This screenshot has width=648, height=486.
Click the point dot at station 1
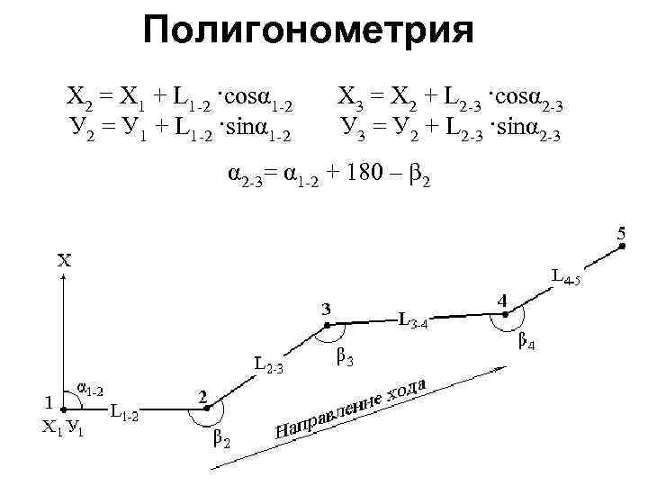click(x=63, y=409)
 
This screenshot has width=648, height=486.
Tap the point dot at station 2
click(x=206, y=409)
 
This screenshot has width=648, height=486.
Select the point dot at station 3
click(x=327, y=325)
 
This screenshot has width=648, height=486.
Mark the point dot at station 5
click(x=621, y=248)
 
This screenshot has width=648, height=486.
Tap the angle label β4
click(x=528, y=342)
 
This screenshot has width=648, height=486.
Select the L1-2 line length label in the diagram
click(x=123, y=414)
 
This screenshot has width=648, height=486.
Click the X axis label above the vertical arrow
click(x=65, y=260)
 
